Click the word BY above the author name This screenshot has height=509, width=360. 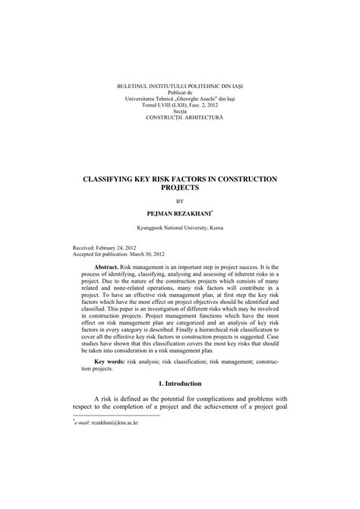[x=180, y=201]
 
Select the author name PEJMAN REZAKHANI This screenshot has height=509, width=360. [x=178, y=214]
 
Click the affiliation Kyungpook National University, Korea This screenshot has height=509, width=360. [x=180, y=229]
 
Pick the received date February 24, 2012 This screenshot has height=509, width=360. [x=118, y=248]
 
